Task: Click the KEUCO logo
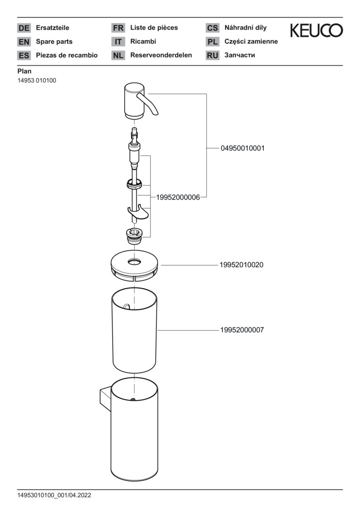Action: [x=316, y=31]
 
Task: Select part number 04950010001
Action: [x=243, y=148]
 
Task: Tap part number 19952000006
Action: [x=175, y=197]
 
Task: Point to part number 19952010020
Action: [x=241, y=265]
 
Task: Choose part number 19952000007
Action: [x=242, y=330]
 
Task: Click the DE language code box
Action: [x=24, y=28]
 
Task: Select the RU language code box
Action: [x=212, y=55]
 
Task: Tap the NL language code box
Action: [x=118, y=55]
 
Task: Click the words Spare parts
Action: [x=54, y=42]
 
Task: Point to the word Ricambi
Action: [x=143, y=42]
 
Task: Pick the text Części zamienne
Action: [x=251, y=42]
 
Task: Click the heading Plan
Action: [x=24, y=71]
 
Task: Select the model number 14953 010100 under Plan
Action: [x=37, y=80]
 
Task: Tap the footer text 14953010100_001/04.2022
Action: [x=54, y=495]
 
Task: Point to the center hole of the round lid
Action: [x=134, y=261]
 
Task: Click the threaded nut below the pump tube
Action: [x=134, y=234]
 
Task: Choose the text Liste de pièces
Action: [x=154, y=28]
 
